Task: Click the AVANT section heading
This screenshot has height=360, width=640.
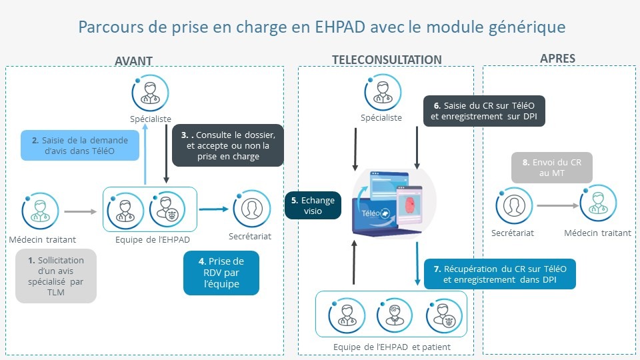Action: point(133,61)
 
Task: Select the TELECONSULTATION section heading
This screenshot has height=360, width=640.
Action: point(387,60)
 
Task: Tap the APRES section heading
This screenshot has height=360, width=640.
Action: point(557,59)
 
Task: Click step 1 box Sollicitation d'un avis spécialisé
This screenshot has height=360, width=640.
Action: point(56,276)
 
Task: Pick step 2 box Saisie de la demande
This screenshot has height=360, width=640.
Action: point(80,145)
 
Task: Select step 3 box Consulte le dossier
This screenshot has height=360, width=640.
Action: point(228,145)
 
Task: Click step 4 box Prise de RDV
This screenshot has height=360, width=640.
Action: point(221,273)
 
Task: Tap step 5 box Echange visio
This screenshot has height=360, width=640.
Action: point(313,205)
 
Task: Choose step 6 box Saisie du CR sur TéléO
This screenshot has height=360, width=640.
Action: point(484,111)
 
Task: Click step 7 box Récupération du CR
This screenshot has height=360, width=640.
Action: point(500,274)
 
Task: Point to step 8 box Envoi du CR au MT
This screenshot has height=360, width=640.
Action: point(552,167)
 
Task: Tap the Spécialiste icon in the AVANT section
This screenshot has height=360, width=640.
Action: point(150,93)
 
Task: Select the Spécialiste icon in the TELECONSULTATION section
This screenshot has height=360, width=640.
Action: point(383,92)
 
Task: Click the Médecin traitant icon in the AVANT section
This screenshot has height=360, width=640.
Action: point(40,211)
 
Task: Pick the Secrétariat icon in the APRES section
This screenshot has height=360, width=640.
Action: point(514,206)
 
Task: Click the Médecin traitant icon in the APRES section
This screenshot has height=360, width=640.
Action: point(598,203)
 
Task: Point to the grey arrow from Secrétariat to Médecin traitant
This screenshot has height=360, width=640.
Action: point(557,206)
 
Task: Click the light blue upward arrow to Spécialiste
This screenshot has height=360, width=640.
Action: point(145,153)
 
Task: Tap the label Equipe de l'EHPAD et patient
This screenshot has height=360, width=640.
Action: point(392,347)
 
